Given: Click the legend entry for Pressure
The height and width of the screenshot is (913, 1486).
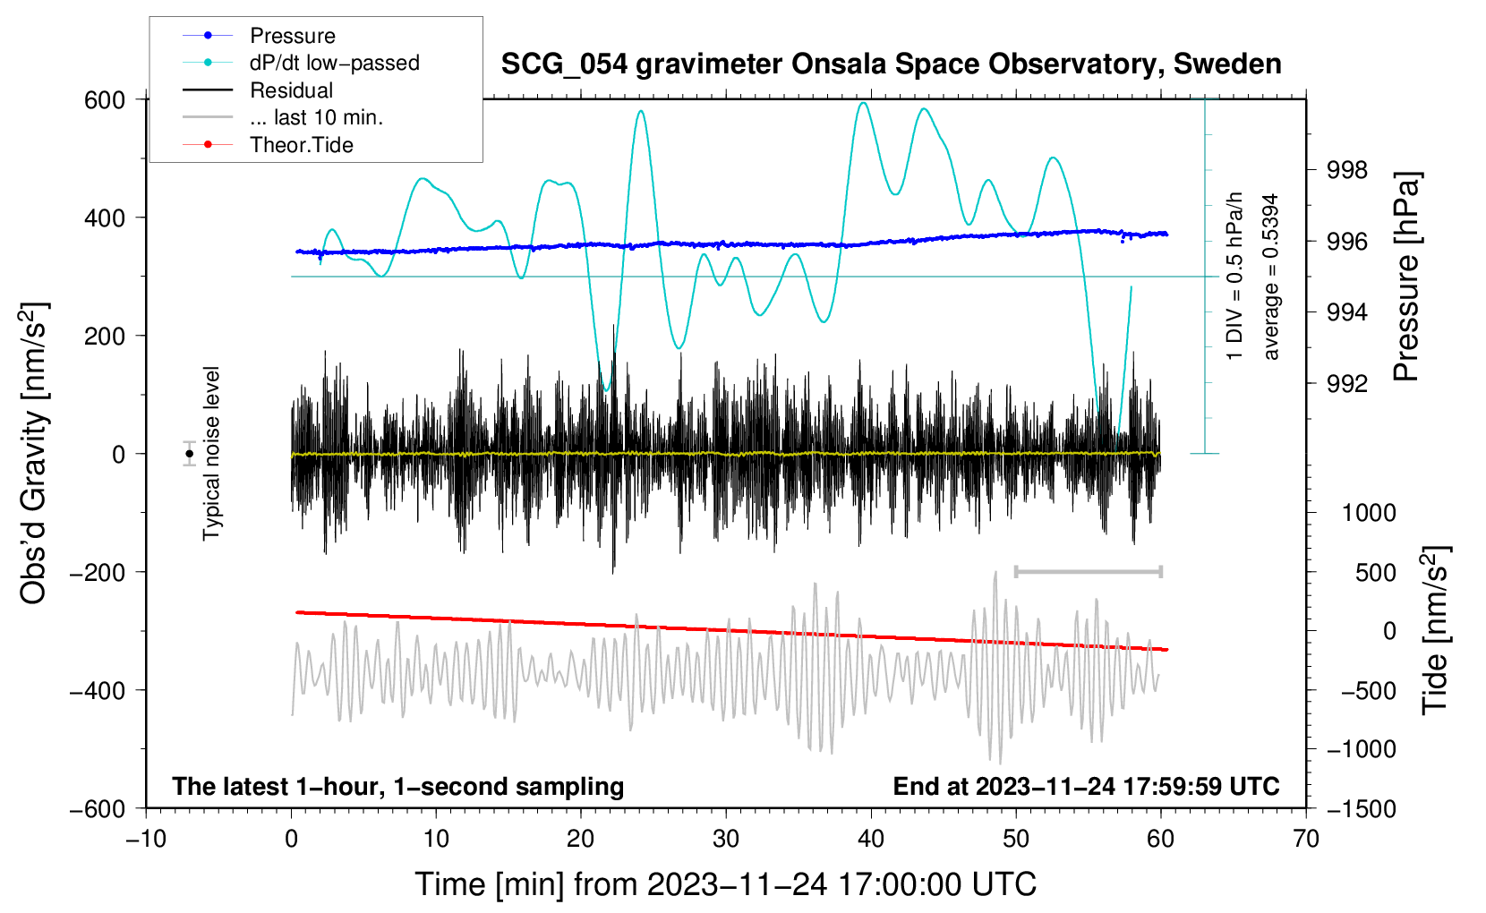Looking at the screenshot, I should tap(292, 36).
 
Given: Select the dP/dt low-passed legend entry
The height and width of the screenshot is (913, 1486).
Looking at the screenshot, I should tap(334, 63).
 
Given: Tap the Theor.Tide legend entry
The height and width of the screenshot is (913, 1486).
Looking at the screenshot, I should tap(301, 145).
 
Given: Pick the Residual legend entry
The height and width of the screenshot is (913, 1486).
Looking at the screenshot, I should tap(291, 90).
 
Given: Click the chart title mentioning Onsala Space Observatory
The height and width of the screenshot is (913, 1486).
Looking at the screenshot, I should tap(891, 64).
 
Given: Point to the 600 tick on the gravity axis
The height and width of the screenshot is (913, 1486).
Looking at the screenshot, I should tap(105, 100).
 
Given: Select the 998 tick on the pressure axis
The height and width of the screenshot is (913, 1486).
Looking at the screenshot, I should tap(1348, 170).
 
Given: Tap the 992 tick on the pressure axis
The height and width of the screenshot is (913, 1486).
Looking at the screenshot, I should tap(1348, 384).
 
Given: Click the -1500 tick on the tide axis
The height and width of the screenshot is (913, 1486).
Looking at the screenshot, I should tap(1362, 809).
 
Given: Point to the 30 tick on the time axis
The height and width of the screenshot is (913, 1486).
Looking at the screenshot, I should tap(726, 839).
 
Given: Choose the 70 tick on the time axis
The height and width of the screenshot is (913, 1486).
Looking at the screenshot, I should tap(1306, 839).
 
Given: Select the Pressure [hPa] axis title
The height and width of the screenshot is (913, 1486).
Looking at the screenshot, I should tap(1406, 277).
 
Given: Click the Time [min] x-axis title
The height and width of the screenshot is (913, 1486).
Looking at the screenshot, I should tap(725, 884).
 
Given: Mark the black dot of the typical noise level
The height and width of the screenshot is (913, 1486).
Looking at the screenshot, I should tap(190, 454).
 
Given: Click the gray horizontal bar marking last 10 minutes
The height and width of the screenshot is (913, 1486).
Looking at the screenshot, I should tap(1088, 571).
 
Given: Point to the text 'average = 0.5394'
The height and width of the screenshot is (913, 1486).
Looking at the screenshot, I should tap(1271, 277).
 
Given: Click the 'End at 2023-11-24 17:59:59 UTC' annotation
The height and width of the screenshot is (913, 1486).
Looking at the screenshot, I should tap(1086, 787).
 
